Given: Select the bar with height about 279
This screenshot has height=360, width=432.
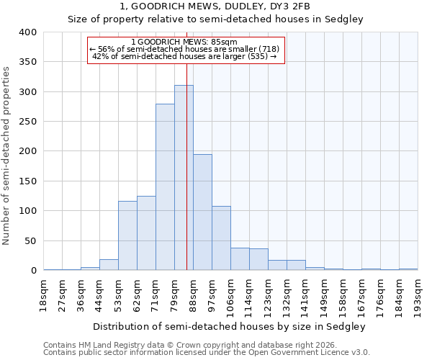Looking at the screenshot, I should (x=165, y=187).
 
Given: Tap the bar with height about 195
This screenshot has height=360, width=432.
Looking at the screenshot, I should (x=202, y=212).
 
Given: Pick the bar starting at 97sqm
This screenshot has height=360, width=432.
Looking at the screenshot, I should (x=221, y=238).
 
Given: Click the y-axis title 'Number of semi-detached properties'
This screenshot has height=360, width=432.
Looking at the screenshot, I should (x=7, y=156).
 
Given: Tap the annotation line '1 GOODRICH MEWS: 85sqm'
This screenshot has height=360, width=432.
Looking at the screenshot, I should (x=186, y=42).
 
